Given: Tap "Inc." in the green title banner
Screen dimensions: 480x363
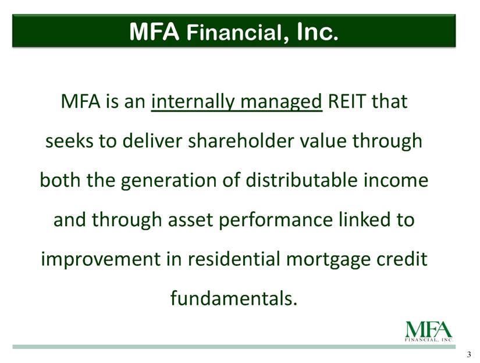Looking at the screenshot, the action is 318,31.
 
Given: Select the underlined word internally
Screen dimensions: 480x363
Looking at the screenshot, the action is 193,101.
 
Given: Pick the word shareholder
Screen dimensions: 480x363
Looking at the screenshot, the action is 241,141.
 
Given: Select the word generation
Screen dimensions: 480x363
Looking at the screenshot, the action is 169,180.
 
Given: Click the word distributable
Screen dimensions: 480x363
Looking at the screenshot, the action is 301,180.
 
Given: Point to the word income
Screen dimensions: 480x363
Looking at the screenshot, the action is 396,180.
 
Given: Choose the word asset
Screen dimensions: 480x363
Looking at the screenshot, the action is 190,220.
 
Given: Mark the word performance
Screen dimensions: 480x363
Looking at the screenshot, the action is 276,220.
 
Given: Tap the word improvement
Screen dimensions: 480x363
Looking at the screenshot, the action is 101,259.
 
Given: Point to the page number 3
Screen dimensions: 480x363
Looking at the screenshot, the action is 469,355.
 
